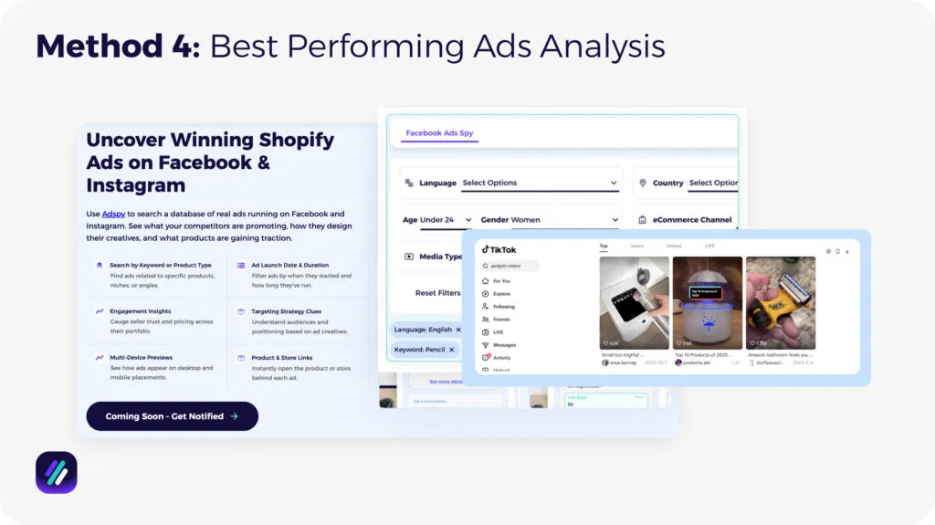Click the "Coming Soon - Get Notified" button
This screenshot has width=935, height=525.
(x=172, y=416)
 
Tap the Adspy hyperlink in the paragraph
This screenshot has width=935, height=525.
(x=113, y=214)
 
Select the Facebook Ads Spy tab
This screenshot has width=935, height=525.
(x=439, y=133)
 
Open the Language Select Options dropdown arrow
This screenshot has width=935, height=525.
(x=614, y=183)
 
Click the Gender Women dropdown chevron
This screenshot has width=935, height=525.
(x=614, y=220)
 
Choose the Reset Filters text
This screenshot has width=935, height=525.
(x=437, y=293)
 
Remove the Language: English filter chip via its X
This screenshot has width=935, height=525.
(x=458, y=329)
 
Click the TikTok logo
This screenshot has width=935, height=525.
(x=499, y=250)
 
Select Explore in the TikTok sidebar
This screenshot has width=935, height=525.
(x=502, y=294)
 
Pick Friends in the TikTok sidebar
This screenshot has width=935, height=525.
(x=502, y=320)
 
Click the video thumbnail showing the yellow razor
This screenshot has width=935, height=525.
(x=780, y=301)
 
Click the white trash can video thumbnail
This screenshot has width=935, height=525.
(x=634, y=301)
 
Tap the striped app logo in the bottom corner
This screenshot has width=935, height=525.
(x=57, y=472)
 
